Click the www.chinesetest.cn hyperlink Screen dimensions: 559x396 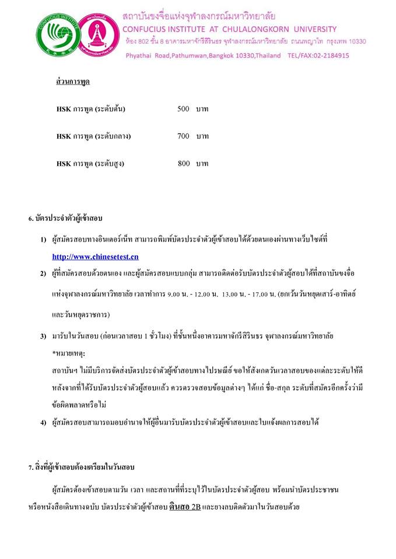coord(95,256)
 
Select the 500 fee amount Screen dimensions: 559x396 coord(183,109)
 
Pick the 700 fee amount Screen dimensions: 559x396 coord(183,136)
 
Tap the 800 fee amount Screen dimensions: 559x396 coord(184,164)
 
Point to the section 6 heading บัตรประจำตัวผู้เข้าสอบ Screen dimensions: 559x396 coord(65,219)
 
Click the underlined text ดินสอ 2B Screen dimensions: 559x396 coord(185,507)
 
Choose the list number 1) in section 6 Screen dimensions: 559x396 coord(43,239)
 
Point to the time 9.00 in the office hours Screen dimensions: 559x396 coord(173,295)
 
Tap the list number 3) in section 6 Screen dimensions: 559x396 coord(43,337)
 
